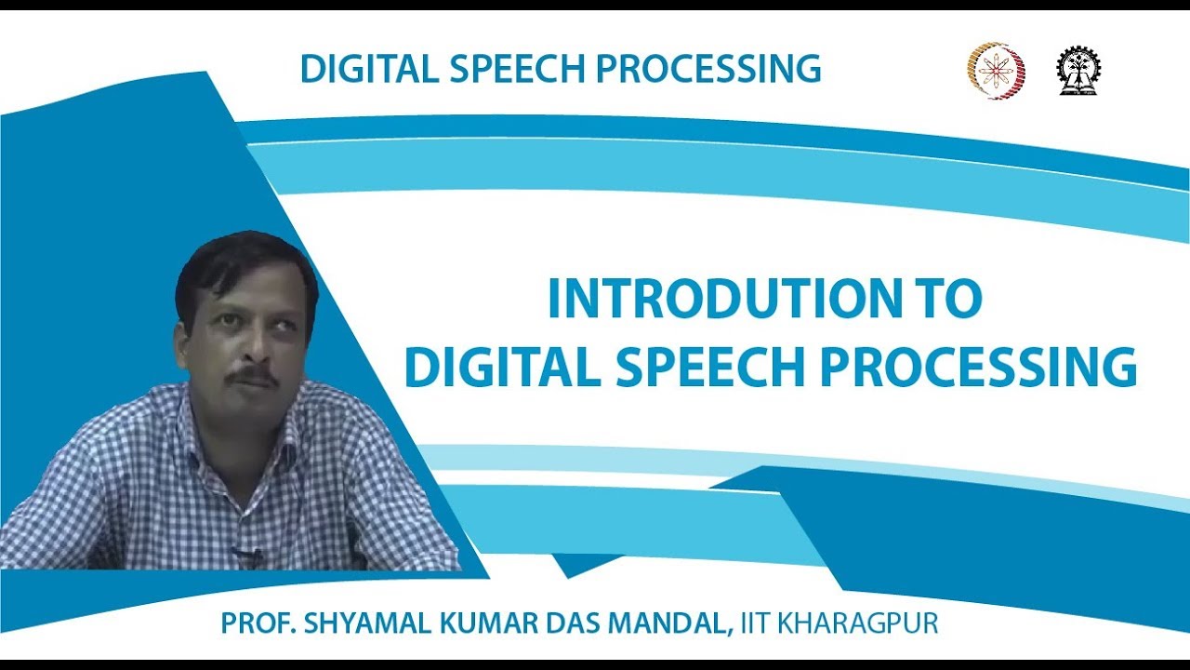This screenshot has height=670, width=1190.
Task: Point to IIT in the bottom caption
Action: [x=754, y=623]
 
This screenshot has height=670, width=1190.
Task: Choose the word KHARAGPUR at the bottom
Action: [x=857, y=623]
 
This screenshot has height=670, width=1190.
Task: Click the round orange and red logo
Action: [x=997, y=72]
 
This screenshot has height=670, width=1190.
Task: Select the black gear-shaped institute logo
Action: [x=1078, y=72]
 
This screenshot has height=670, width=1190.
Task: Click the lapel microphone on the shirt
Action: [x=246, y=556]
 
